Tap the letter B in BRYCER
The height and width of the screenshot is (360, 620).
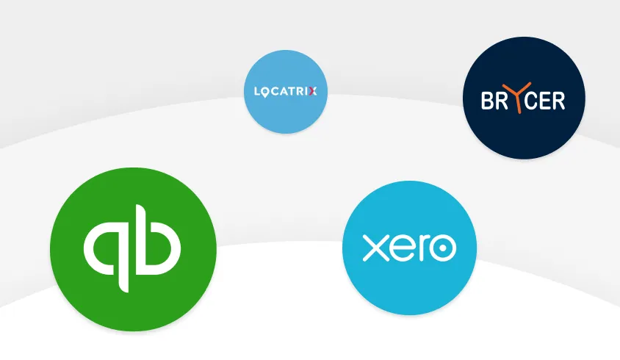click(489, 101)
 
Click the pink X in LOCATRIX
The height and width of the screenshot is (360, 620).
click(313, 92)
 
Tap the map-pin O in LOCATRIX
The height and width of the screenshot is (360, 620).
click(267, 92)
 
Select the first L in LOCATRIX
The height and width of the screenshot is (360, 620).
click(256, 92)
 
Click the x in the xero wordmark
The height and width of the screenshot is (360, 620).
click(375, 248)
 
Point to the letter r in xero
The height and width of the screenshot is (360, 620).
click(423, 248)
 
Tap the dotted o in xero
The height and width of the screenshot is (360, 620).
click(442, 248)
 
